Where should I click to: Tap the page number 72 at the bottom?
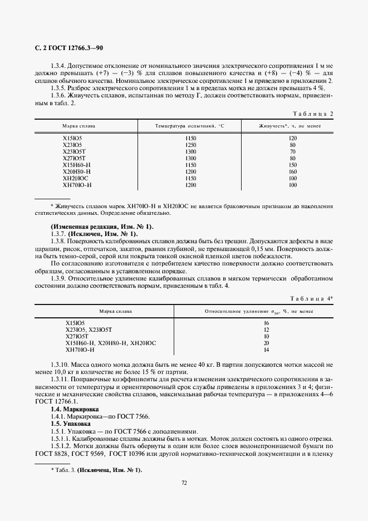184,483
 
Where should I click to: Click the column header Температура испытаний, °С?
189,126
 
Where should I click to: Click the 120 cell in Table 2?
293,137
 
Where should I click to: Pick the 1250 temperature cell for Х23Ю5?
191,145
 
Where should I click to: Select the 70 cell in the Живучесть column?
293,151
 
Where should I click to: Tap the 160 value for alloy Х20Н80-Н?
293,171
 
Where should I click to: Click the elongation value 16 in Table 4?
266,323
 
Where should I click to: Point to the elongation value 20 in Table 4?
266,343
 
